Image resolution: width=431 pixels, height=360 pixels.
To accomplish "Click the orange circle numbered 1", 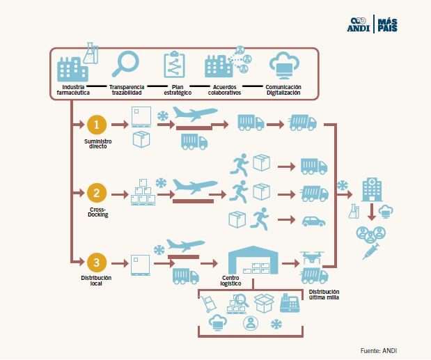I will click(x=98, y=125).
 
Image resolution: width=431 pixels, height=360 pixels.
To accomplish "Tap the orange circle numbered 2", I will click(x=98, y=193).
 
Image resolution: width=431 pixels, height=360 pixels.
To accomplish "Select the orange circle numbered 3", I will click(x=98, y=263).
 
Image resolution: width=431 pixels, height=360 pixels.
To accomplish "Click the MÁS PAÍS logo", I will click(x=387, y=24).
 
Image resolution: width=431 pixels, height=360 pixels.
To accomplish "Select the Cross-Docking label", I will click(x=98, y=212).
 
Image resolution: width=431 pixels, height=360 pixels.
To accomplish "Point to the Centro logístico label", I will click(x=230, y=281).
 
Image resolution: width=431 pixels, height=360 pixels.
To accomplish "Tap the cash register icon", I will click(x=289, y=304).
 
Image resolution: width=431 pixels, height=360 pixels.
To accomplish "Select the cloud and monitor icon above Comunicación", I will click(x=284, y=65).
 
